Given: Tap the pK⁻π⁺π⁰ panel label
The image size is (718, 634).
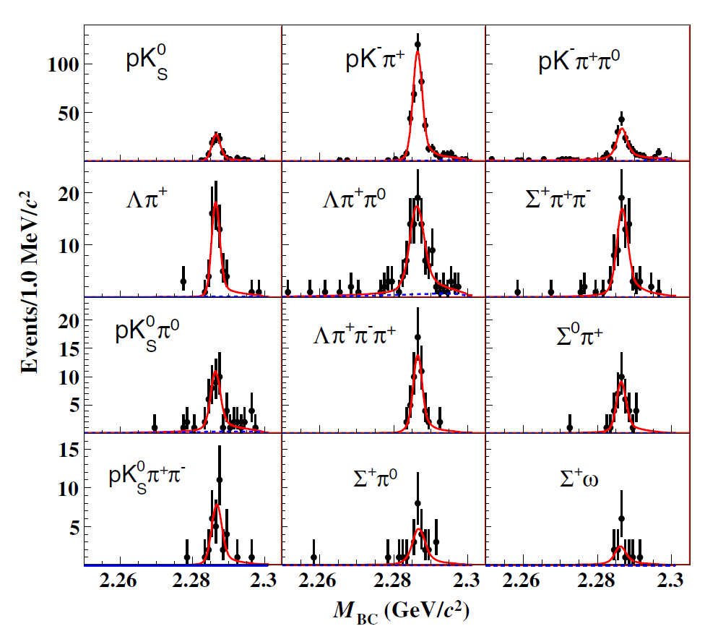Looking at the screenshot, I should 579,62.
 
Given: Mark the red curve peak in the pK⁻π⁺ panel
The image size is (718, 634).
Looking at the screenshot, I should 418,52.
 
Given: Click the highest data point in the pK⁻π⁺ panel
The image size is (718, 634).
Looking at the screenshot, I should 418,44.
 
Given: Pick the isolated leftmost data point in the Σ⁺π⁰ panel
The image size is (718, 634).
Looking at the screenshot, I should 314,557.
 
